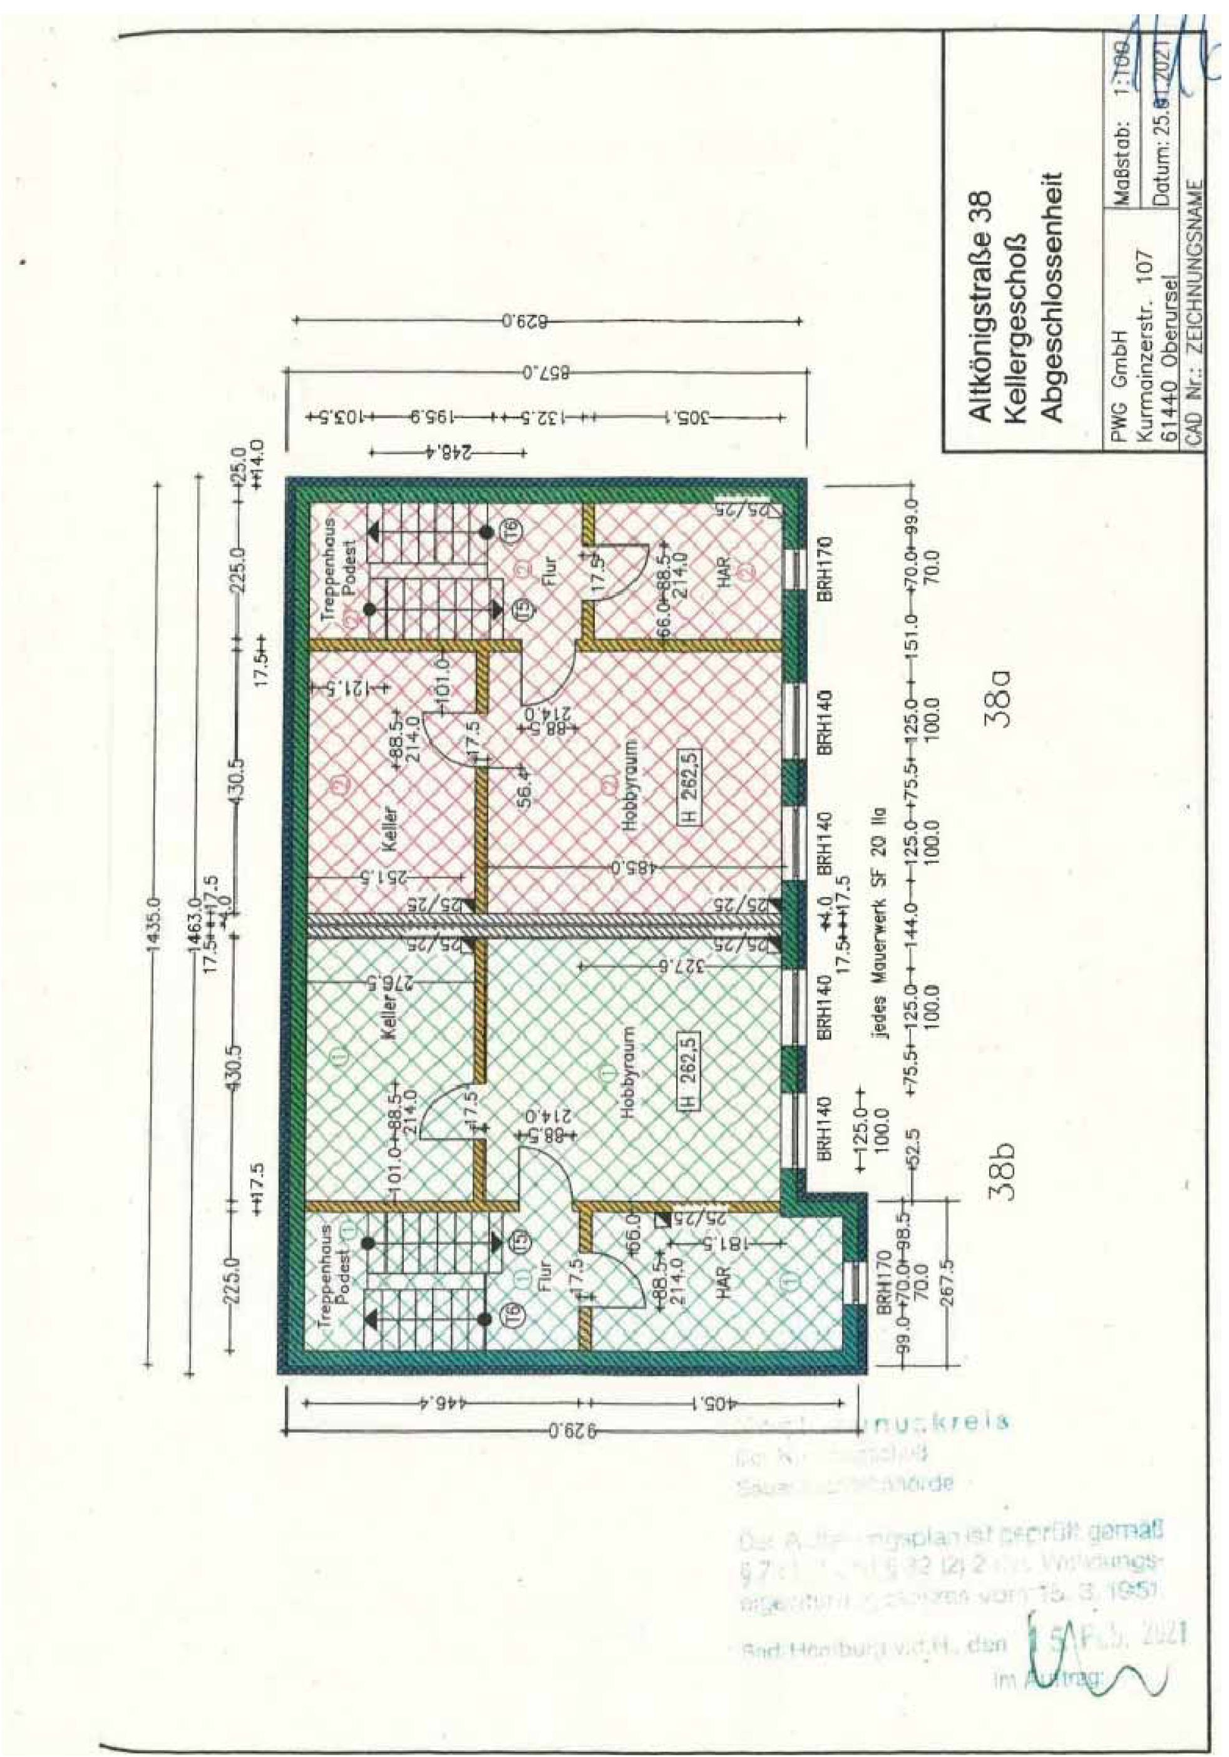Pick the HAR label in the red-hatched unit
722,569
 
